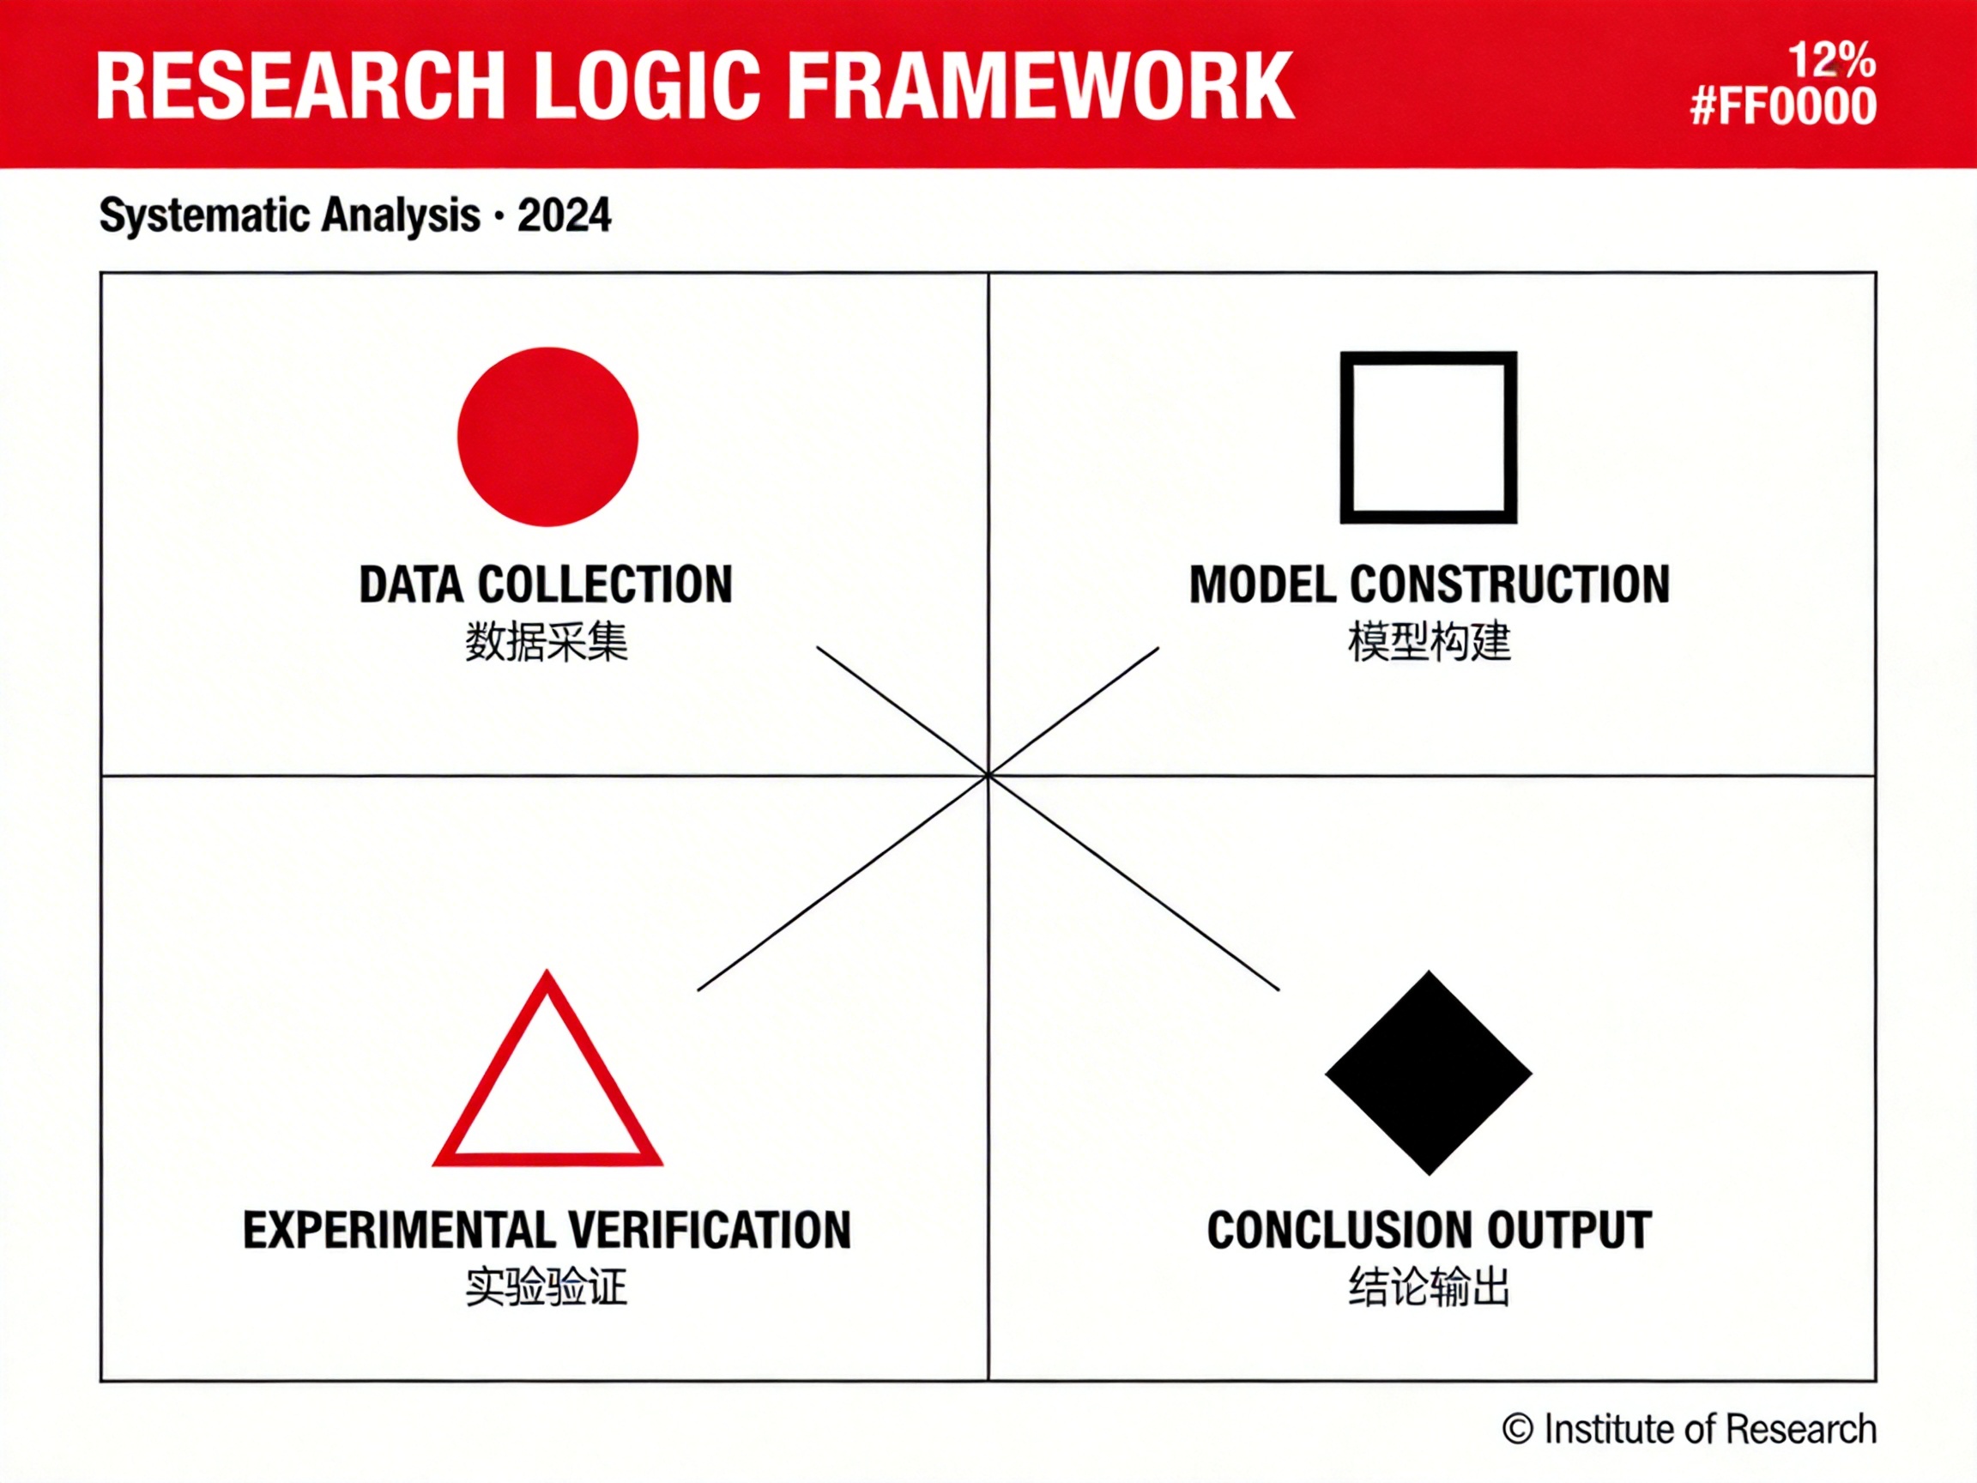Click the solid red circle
[x=547, y=436]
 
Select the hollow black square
[x=1346, y=437]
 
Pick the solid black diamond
[x=1428, y=1073]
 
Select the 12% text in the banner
[x=1831, y=61]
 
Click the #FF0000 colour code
[x=1783, y=106]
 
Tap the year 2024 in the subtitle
[x=564, y=215]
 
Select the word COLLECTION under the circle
[x=605, y=584]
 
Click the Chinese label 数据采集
[x=547, y=642]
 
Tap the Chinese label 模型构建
[x=1430, y=642]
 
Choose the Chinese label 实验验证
[x=547, y=1287]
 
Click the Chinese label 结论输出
[x=1430, y=1287]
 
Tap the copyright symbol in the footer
[x=1518, y=1428]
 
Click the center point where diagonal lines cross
[x=988, y=775]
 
